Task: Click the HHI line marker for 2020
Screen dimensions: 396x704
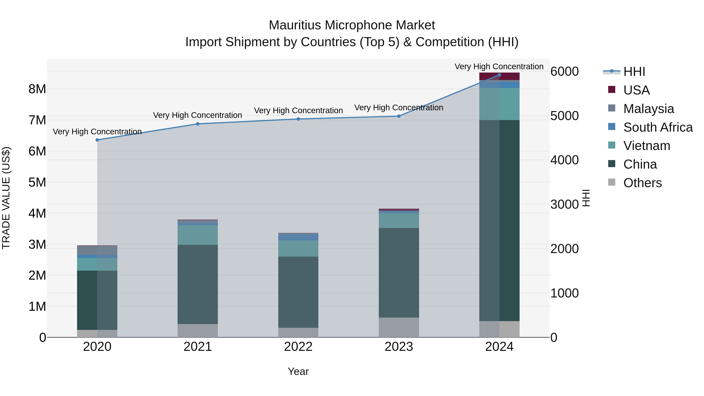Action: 97,140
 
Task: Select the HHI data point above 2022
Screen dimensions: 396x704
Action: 298,119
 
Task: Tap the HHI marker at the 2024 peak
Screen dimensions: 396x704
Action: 499,75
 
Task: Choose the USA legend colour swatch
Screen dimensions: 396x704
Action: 612,90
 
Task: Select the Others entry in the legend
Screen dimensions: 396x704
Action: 642,183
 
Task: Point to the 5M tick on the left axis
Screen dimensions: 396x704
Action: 37,182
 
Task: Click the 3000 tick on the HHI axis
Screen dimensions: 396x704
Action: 564,204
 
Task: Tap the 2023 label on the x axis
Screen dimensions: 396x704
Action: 399,347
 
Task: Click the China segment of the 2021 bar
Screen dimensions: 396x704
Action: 198,284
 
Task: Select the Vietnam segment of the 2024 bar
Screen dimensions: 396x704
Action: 499,104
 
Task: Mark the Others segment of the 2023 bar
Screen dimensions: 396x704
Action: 399,327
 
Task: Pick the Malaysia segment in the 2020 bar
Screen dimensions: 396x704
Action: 97,250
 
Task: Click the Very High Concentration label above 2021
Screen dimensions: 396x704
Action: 198,115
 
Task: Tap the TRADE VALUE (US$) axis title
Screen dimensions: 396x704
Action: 6,198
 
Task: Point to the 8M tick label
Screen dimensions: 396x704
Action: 37,89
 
